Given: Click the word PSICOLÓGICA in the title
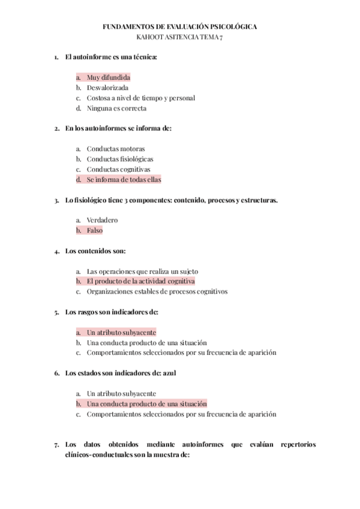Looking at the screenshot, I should pos(230,27).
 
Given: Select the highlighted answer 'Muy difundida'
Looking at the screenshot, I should pos(108,77).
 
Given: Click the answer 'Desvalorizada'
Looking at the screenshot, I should pos(107,88).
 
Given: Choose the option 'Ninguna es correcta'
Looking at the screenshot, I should pos(116,109).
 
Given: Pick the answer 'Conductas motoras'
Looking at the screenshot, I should pos(116,149).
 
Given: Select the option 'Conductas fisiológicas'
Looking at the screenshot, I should pos(120,159).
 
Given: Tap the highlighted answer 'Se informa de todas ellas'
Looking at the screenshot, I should pos(124,179).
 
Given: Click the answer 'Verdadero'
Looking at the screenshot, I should pos(102,220).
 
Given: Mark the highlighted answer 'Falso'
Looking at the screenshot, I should pos(95,230).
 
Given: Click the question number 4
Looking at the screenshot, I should pos(56,251).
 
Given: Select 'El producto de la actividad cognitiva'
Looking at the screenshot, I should pos(140,281).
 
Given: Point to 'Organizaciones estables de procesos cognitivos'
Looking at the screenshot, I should pos(157,292).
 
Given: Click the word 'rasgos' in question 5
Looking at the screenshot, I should pos(86,312).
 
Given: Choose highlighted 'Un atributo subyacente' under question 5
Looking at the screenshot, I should pos(121,332).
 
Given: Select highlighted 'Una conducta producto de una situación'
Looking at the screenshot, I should pos(146,404).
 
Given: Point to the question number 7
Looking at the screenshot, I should pos(56,445).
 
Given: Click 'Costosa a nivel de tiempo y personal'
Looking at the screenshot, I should pos(140,98).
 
